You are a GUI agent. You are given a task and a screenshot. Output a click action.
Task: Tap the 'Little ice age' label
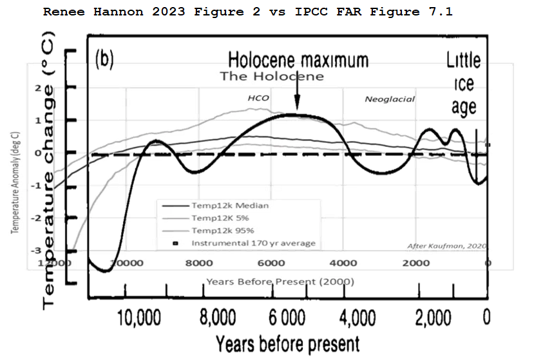click(464, 84)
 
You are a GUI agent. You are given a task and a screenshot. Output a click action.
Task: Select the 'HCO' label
click(258, 99)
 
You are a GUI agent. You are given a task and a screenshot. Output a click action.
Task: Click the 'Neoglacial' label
click(390, 99)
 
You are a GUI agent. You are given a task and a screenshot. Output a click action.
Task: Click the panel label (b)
click(104, 59)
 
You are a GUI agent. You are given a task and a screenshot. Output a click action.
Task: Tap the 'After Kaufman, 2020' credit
click(448, 246)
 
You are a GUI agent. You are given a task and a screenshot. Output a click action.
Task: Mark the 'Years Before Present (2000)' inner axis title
click(280, 282)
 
